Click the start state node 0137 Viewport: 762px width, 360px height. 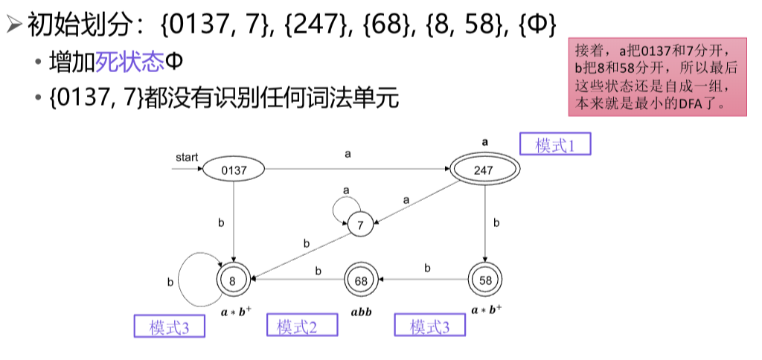(233, 170)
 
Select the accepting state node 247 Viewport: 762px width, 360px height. (484, 170)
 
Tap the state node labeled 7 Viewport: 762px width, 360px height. (360, 223)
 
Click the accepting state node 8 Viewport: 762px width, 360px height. (233, 280)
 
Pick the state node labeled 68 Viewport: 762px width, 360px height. (360, 280)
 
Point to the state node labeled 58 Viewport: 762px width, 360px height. (484, 280)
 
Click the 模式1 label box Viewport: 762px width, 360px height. (555, 145)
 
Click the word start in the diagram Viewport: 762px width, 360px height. (187, 157)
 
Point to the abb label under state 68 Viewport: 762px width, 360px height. (361, 311)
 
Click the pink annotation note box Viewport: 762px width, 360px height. (656, 77)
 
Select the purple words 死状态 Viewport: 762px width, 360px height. (129, 62)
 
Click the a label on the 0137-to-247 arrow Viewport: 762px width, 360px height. (348, 154)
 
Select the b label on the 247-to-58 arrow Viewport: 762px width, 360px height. (496, 222)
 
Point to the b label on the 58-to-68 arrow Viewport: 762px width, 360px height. (427, 268)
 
